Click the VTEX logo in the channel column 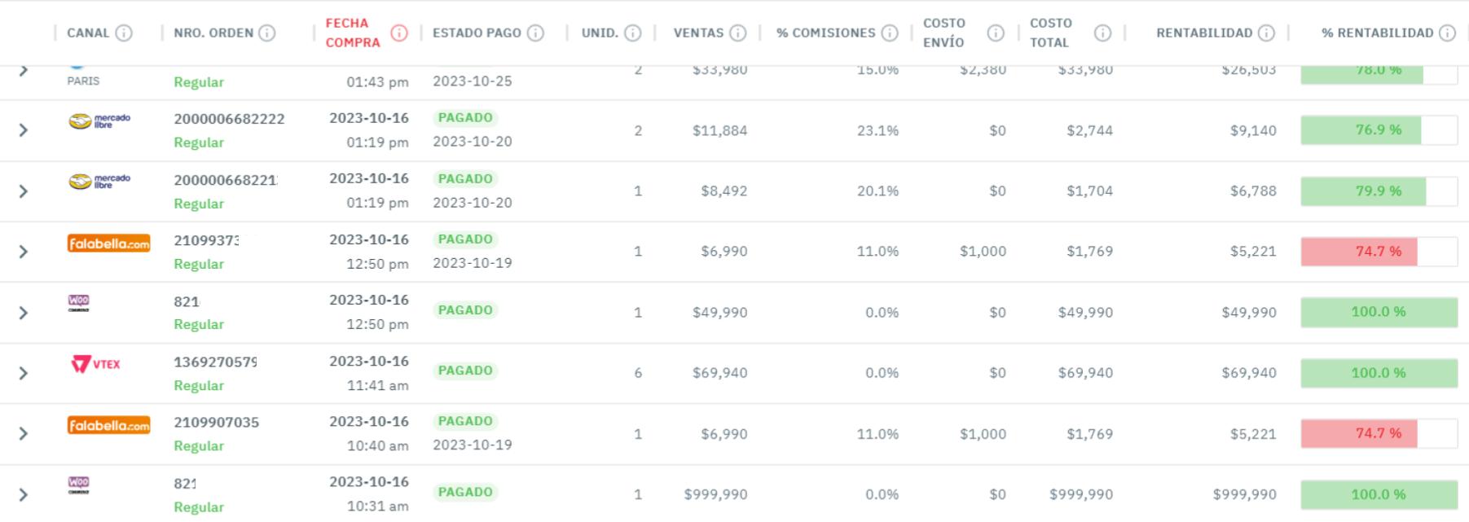(95, 364)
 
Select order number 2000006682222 (229, 119)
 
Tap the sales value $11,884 (719, 130)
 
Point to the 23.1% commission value (877, 130)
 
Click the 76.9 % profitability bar (1378, 130)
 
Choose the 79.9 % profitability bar (1378, 191)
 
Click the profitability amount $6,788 (1253, 191)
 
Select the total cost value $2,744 (1089, 130)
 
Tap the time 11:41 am (377, 385)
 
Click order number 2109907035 (216, 422)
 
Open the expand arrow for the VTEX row (24, 373)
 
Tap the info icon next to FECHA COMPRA (398, 33)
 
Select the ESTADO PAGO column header (477, 33)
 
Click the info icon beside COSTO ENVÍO (995, 33)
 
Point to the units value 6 (638, 373)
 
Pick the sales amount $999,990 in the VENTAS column (715, 494)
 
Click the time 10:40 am (377, 445)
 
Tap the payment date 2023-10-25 (472, 81)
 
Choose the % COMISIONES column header (825, 33)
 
